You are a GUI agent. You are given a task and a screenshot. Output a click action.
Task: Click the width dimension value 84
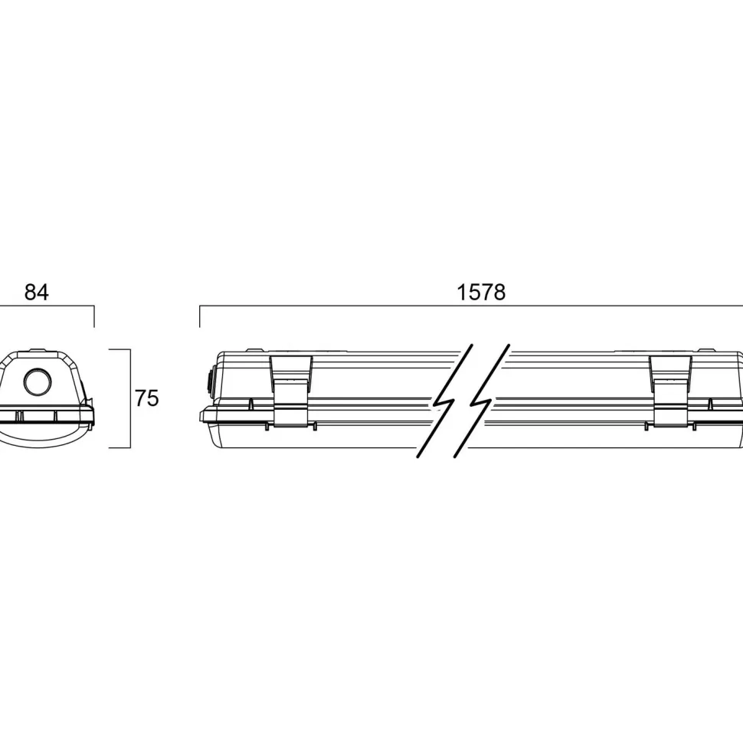click(37, 293)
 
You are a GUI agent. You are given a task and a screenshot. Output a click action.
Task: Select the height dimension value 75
click(147, 398)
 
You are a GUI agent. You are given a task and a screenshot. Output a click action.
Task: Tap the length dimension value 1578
click(481, 293)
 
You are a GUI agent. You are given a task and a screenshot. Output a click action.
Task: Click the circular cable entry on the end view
click(38, 381)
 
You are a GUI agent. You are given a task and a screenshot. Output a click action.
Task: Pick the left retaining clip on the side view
click(291, 391)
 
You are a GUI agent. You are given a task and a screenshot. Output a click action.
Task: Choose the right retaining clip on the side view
click(670, 391)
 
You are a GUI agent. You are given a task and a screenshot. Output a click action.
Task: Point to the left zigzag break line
click(444, 401)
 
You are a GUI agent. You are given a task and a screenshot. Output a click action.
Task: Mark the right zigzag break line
click(482, 401)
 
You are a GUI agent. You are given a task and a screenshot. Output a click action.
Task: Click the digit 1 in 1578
click(462, 293)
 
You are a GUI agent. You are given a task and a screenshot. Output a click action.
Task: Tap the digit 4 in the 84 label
click(43, 293)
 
